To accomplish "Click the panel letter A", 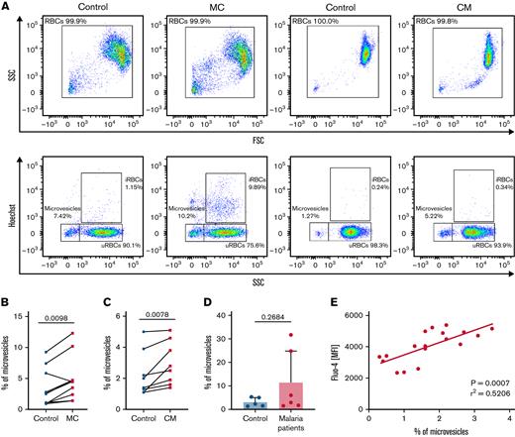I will [x=6, y=8].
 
